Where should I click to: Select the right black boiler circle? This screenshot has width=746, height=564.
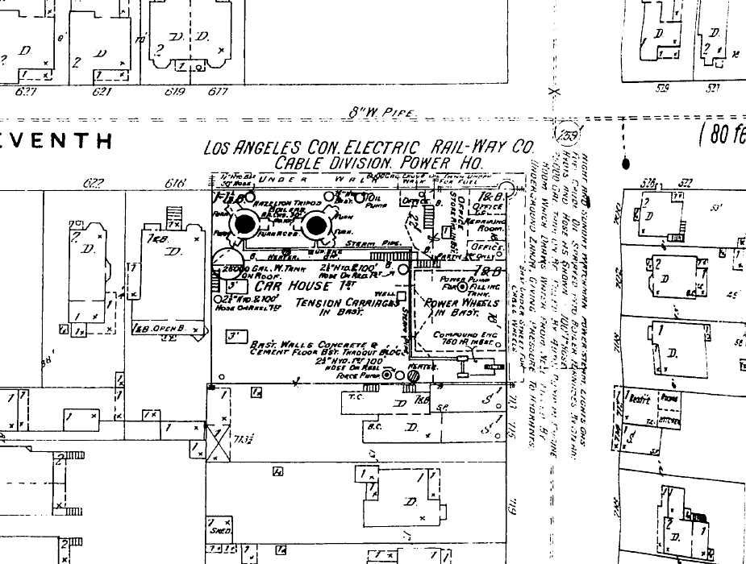tap(315, 226)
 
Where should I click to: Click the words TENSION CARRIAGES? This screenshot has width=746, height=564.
tap(347, 303)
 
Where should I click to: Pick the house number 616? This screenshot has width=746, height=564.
tap(176, 184)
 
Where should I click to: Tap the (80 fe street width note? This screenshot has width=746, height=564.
tap(722, 132)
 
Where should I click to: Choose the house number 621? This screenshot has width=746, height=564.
tap(102, 92)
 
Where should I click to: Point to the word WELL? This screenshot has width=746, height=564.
tap(385, 293)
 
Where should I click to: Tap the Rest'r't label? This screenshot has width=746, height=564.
tap(641, 397)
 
